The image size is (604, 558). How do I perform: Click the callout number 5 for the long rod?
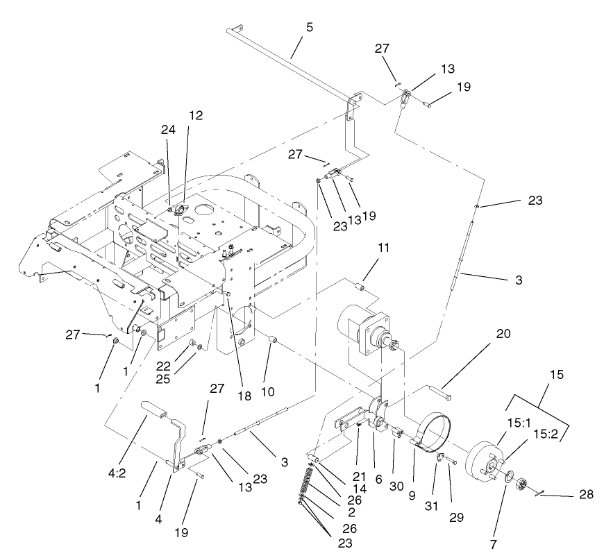tap(309, 28)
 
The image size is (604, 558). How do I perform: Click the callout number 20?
tap(503, 334)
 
